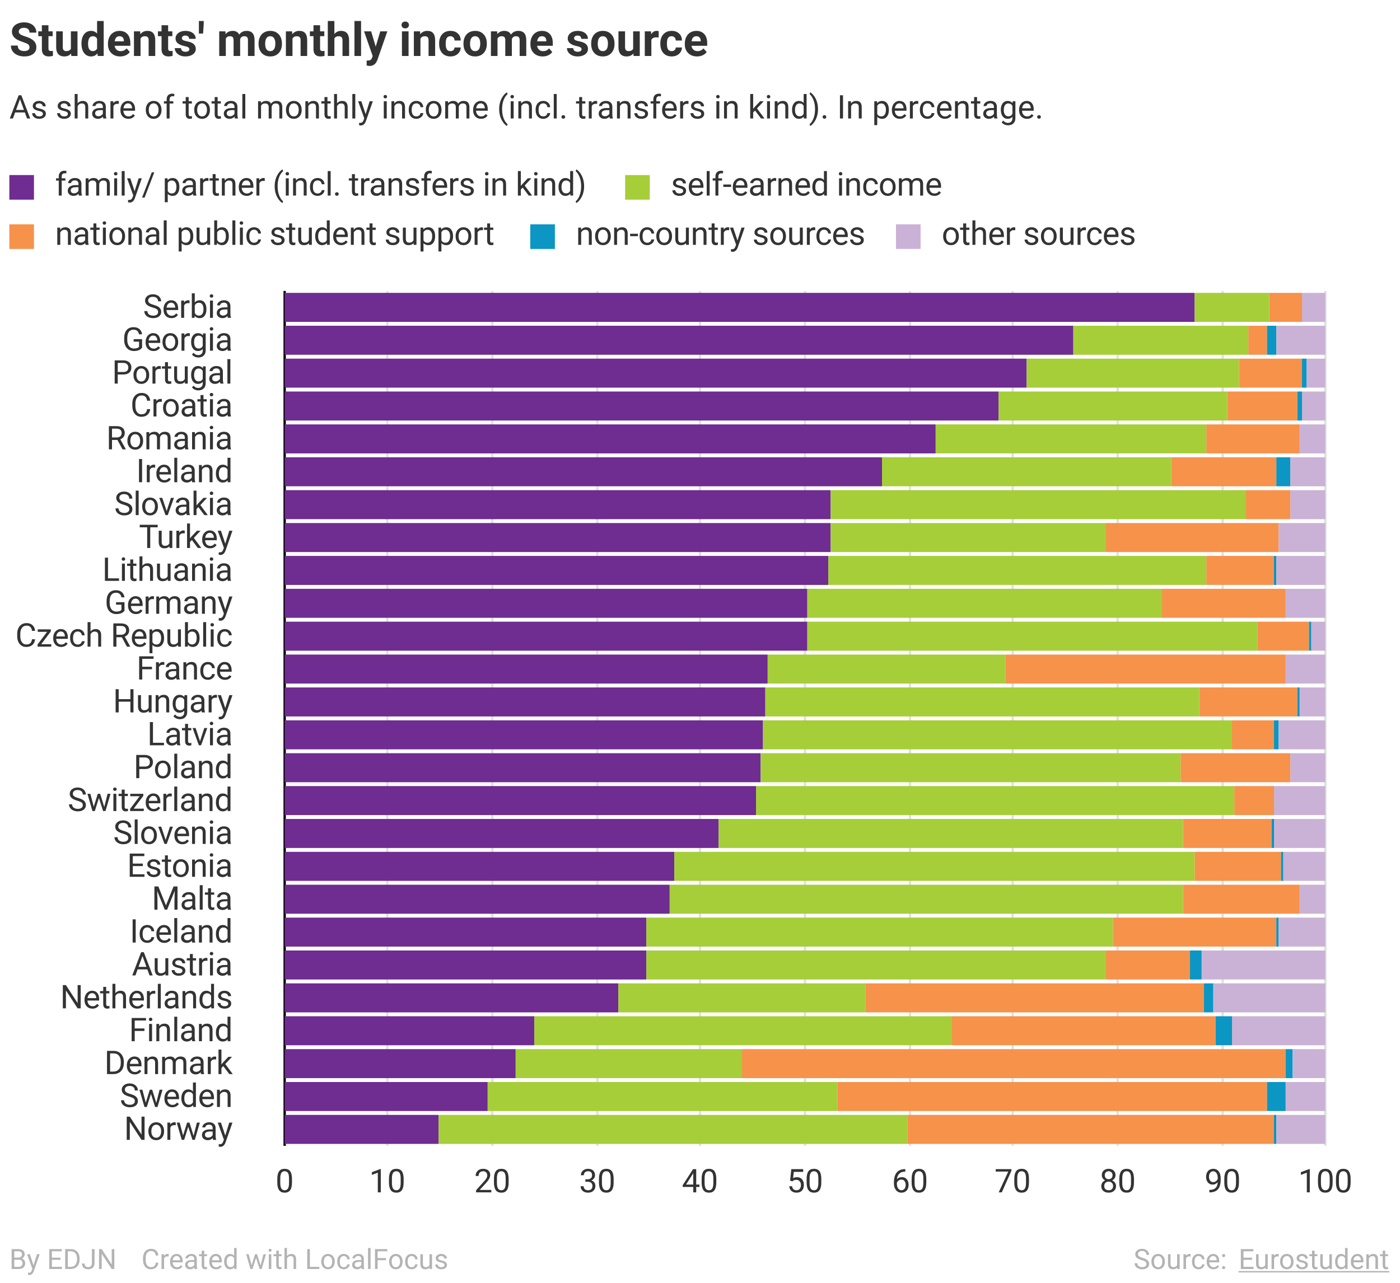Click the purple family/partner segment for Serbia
coord(739,307)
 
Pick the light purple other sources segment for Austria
coord(1262,965)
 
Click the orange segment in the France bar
coord(1145,669)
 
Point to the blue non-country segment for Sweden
coord(1276,1096)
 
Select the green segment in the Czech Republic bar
coord(1032,636)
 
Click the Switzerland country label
coord(150,800)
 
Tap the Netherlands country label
coord(147,998)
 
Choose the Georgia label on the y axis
coord(177,340)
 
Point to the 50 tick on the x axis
coord(805,1182)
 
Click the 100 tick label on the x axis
coord(1325,1182)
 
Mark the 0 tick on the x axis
coord(284,1182)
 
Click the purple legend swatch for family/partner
coord(21,187)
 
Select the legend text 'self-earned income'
coord(805,185)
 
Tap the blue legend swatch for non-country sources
coord(543,236)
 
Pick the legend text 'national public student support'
coord(274,235)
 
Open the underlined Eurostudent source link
coord(1313,1259)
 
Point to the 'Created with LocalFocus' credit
coord(295,1259)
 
